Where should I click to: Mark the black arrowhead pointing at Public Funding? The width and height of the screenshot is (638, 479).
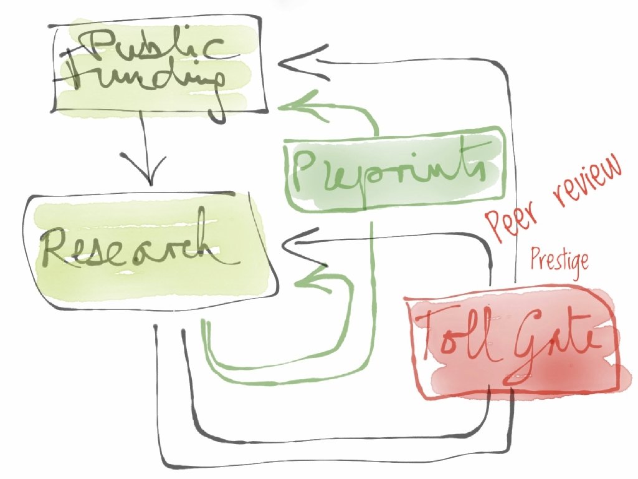tap(293, 62)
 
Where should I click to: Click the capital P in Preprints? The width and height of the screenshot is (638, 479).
tap(305, 172)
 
